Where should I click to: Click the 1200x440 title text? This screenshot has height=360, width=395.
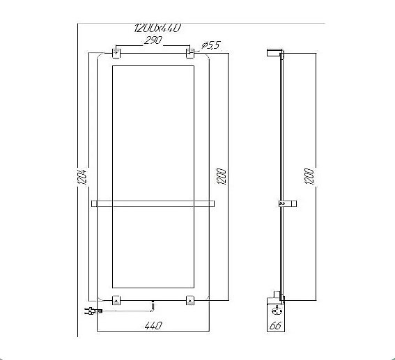[x=157, y=28]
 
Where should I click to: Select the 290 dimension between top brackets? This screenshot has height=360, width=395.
[x=153, y=40]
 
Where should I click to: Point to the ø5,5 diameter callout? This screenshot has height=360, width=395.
[x=211, y=45]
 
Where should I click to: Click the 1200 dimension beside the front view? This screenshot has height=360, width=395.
[x=222, y=176]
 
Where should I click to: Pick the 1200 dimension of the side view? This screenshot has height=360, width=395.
[x=309, y=176]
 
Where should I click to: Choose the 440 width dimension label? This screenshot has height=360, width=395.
[x=153, y=326]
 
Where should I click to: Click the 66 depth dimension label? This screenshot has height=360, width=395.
[x=275, y=326]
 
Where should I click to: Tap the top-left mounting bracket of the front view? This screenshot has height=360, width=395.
[x=116, y=52]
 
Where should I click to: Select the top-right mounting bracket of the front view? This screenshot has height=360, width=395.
[x=190, y=52]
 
